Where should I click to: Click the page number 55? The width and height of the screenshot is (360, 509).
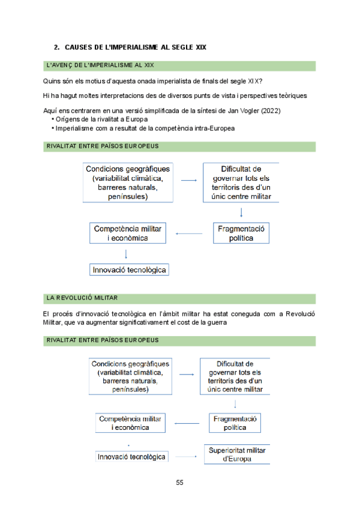(x=179, y=483)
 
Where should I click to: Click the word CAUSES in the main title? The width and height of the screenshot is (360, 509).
(x=79, y=47)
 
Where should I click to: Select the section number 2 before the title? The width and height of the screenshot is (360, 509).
(x=56, y=47)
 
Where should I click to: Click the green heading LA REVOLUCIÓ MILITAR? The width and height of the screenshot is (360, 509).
(x=82, y=298)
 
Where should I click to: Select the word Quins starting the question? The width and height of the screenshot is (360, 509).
(x=53, y=81)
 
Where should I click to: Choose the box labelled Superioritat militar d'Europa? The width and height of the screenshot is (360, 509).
(x=236, y=454)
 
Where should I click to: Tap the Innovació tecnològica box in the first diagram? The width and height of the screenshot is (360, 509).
(x=129, y=270)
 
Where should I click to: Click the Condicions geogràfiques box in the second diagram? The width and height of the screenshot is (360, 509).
(x=130, y=376)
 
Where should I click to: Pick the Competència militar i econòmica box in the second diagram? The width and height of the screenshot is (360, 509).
(x=130, y=423)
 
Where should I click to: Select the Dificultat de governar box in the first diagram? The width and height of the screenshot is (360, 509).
(x=241, y=182)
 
